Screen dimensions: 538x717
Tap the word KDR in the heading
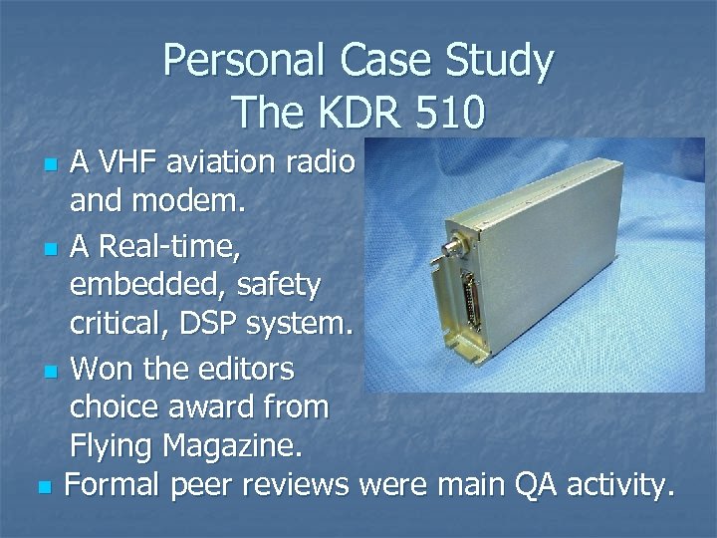click(348, 112)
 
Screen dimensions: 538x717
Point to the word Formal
click(113, 486)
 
